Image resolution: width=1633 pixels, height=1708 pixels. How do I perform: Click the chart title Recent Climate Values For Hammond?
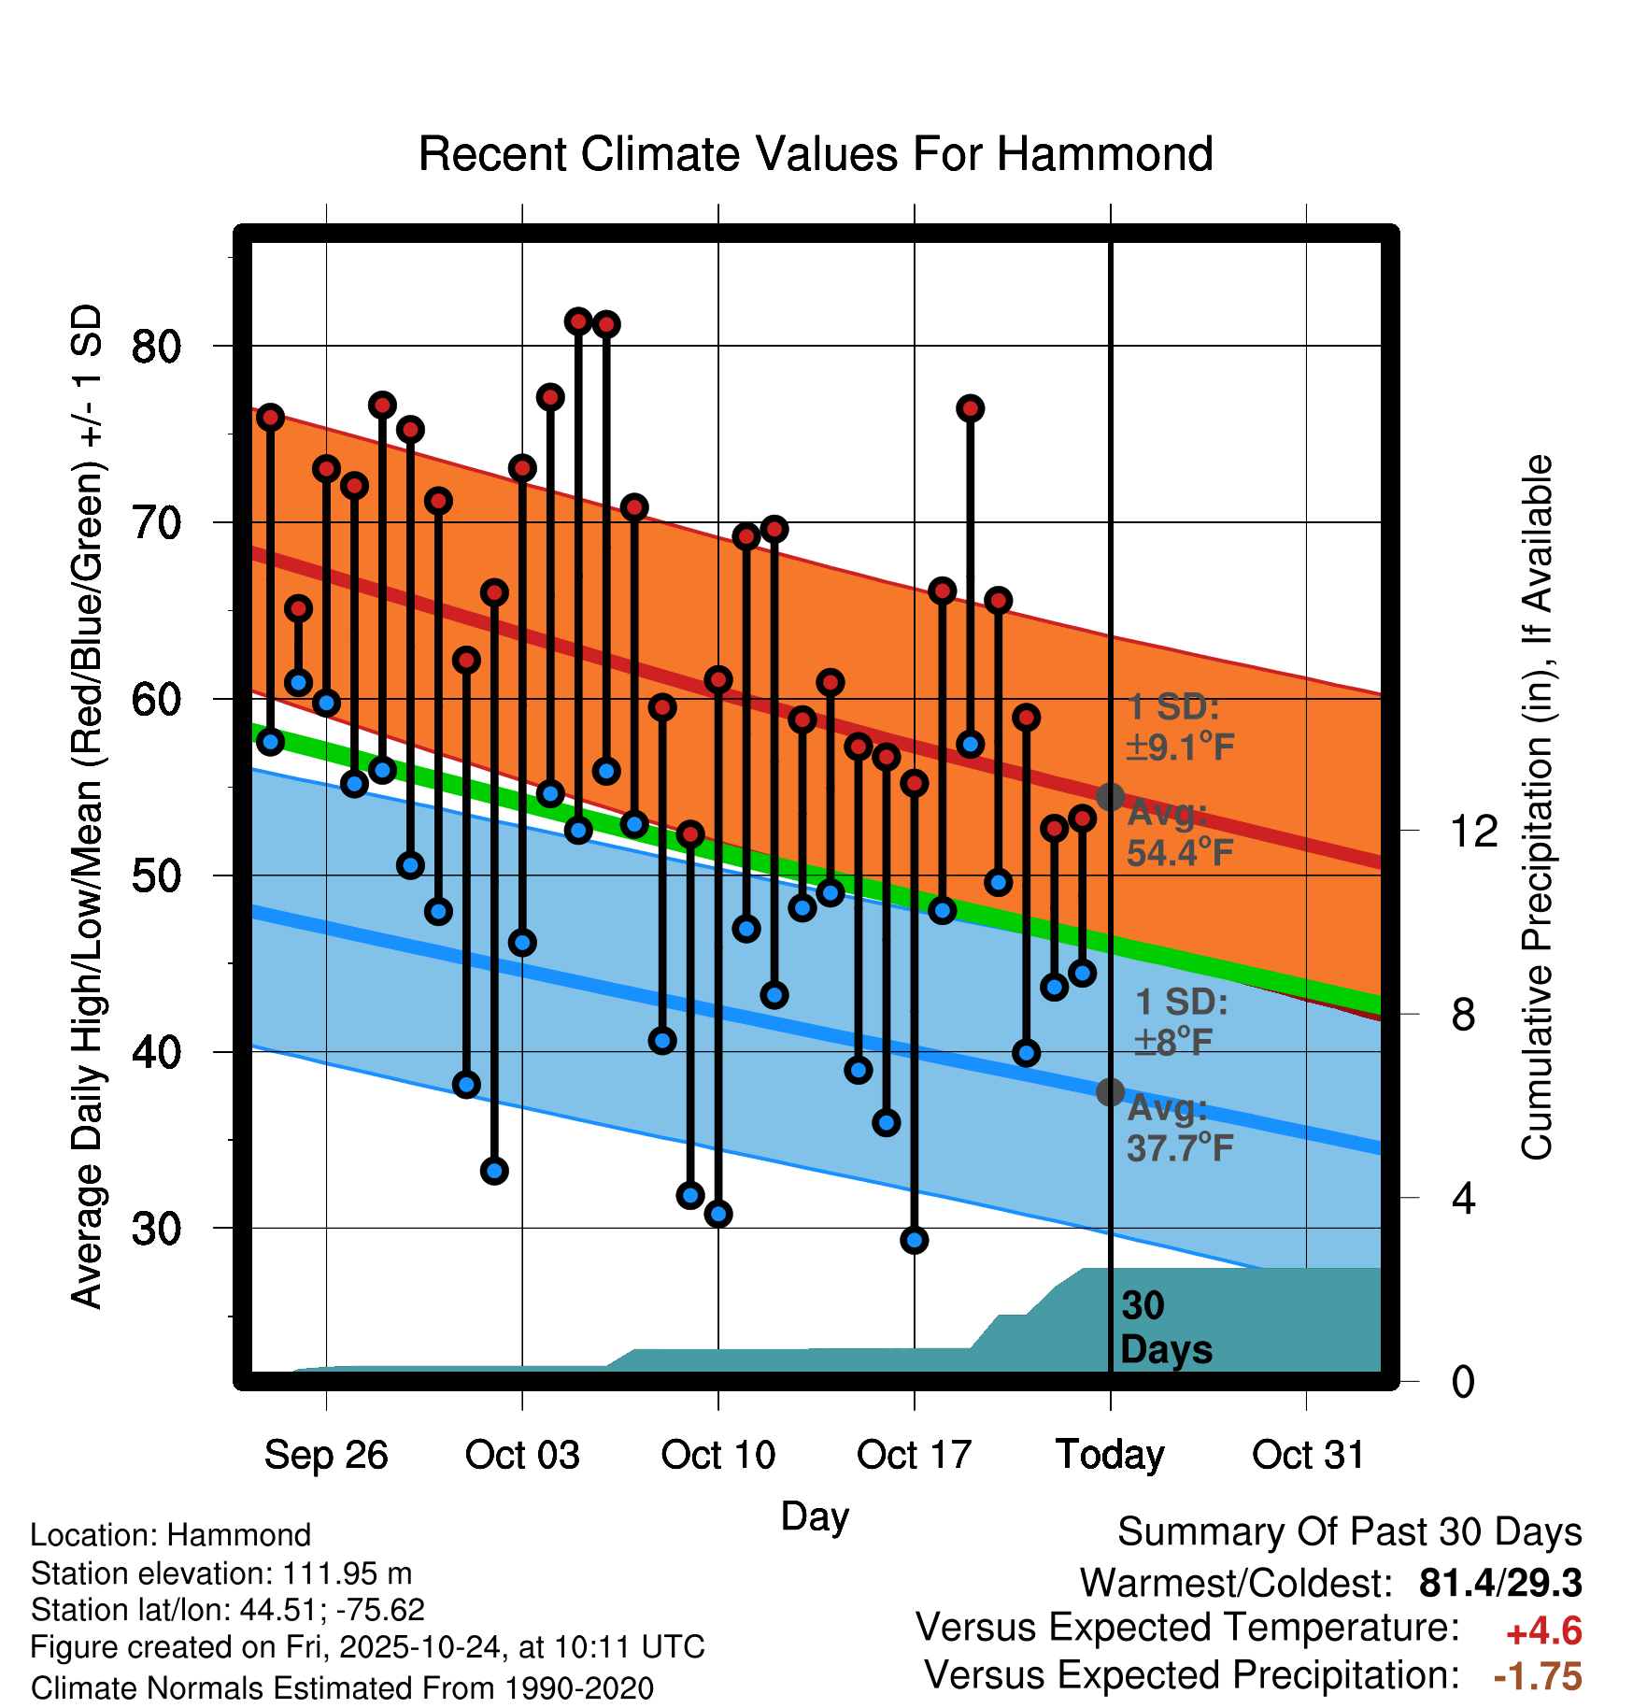[x=816, y=154]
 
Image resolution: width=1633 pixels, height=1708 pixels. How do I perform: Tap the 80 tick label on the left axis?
[x=156, y=347]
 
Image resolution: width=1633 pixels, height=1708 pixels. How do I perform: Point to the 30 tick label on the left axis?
[x=156, y=1229]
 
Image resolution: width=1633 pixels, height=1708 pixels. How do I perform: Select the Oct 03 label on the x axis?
[x=522, y=1455]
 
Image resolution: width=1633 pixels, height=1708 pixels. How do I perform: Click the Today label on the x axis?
[x=1110, y=1455]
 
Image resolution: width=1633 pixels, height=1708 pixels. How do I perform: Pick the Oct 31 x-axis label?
[x=1308, y=1455]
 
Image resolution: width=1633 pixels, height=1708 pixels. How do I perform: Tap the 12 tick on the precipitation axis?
[x=1473, y=831]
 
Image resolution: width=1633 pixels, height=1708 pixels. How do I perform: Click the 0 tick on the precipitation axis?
[x=1463, y=1381]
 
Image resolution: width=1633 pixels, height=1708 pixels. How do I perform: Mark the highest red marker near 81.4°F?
[x=578, y=321]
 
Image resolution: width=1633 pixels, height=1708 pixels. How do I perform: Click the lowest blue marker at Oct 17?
[x=914, y=1240]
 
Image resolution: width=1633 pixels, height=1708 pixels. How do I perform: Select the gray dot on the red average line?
[x=1110, y=797]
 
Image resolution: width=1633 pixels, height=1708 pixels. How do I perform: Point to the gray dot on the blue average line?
[x=1110, y=1091]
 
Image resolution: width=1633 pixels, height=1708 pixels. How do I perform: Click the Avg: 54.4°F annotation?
[x=1179, y=833]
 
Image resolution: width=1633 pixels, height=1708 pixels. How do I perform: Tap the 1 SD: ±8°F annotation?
[x=1179, y=1021]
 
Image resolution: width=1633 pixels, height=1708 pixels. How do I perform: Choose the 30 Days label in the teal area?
[x=1165, y=1328]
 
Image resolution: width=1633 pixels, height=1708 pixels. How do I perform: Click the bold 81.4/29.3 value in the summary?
[x=1499, y=1583]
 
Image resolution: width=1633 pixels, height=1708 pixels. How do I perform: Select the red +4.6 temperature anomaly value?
[x=1543, y=1631]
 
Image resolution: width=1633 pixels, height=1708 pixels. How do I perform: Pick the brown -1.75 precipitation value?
[x=1538, y=1676]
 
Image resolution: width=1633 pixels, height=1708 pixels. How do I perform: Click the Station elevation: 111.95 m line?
[x=221, y=1573]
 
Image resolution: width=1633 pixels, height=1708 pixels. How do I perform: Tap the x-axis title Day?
[x=815, y=1516]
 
